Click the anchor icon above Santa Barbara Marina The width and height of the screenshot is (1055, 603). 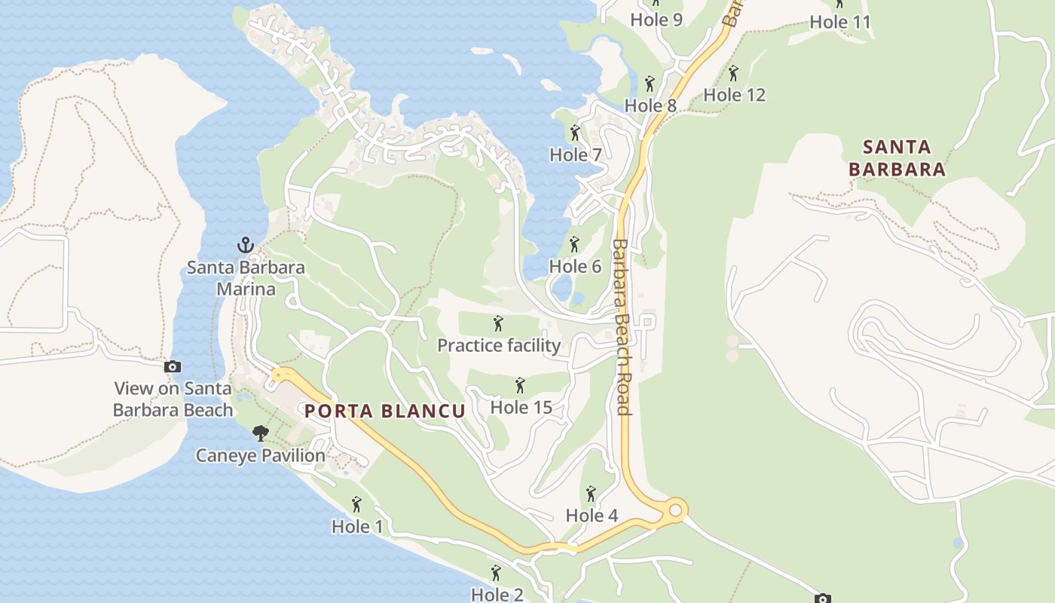(245, 244)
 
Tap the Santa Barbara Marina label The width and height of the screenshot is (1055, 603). (246, 278)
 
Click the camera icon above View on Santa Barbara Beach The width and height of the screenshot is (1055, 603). (173, 367)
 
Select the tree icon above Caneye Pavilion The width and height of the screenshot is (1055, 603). (261, 433)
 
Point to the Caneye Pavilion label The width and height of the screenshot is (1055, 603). (261, 455)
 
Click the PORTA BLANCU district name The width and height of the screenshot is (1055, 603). (384, 411)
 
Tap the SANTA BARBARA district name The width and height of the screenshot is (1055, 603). (897, 158)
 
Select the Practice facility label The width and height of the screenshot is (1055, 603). (499, 345)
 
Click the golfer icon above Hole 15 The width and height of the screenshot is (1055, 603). (520, 386)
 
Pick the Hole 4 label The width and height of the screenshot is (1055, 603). (592, 516)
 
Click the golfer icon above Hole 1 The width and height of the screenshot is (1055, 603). (357, 504)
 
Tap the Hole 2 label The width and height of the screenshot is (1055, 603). (497, 594)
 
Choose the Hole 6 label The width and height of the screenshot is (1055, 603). (575, 266)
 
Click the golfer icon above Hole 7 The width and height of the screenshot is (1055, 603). (576, 133)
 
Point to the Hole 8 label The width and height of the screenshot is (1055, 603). (650, 106)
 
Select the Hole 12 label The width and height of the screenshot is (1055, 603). (734, 95)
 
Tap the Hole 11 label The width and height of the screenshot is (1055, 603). (839, 23)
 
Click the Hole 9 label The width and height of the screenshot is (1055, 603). (656, 20)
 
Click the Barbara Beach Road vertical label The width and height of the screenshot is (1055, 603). (622, 327)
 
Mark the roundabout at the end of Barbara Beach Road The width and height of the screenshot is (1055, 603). (675, 510)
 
